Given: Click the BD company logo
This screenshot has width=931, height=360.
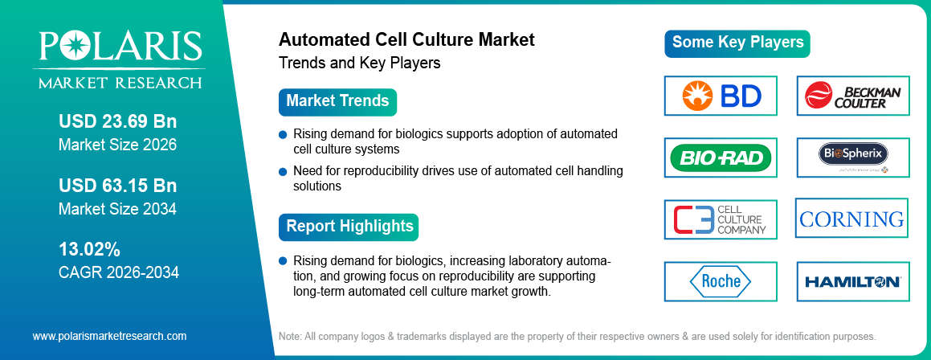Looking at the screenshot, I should pos(721,96).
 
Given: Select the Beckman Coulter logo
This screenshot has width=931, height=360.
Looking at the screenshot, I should pos(852,96).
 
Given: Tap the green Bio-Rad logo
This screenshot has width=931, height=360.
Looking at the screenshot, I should pos(721,157).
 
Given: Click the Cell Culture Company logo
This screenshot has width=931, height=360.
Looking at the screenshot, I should pos(721,219).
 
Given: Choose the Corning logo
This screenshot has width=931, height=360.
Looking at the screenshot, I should pos(851,219).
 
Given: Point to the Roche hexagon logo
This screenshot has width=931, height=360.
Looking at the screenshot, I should pos(721,281).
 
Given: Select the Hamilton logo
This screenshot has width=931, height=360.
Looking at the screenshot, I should pos(852,281).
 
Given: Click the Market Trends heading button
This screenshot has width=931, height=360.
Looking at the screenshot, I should pos(337,101).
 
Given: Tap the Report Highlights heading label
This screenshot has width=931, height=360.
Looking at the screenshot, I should pos(349,226).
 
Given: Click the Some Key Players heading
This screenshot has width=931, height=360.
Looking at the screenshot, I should pos(737,43).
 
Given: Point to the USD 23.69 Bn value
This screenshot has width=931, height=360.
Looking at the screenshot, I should pos(117,122).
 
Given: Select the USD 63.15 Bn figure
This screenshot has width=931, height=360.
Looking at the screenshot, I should pos(117,186).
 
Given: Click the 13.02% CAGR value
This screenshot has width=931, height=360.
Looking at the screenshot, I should pos(89,248).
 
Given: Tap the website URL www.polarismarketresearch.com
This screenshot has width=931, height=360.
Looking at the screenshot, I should pos(109,336).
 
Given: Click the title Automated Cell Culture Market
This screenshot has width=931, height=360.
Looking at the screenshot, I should pos(406,39).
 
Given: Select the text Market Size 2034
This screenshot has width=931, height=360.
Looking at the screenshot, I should pos(117,209).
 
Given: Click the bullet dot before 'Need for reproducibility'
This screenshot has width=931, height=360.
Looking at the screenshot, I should pos(283,171).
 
